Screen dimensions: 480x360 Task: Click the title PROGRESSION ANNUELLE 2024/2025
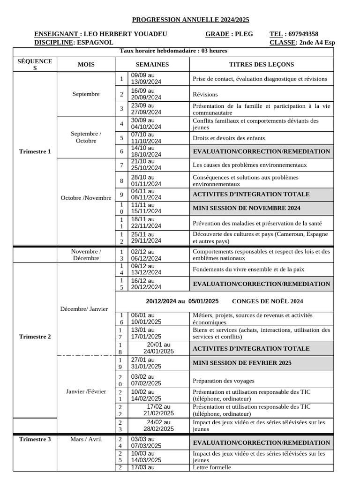[190, 20]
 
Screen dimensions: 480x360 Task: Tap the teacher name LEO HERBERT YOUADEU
[125, 34]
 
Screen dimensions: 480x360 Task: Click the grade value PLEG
[244, 34]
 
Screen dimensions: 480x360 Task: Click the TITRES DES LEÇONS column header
[262, 64]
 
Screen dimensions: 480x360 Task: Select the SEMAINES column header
[152, 64]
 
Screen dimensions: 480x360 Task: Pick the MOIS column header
[86, 64]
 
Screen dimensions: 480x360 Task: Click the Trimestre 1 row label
[35, 151]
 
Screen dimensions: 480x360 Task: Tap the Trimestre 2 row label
[35, 337]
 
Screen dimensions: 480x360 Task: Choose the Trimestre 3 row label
[35, 439]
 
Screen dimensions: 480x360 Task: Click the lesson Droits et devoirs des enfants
[229, 138]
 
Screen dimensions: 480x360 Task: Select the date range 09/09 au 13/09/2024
[146, 78]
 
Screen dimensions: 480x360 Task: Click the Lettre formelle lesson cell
[212, 467]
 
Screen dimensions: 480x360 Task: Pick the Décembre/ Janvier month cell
[86, 309]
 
